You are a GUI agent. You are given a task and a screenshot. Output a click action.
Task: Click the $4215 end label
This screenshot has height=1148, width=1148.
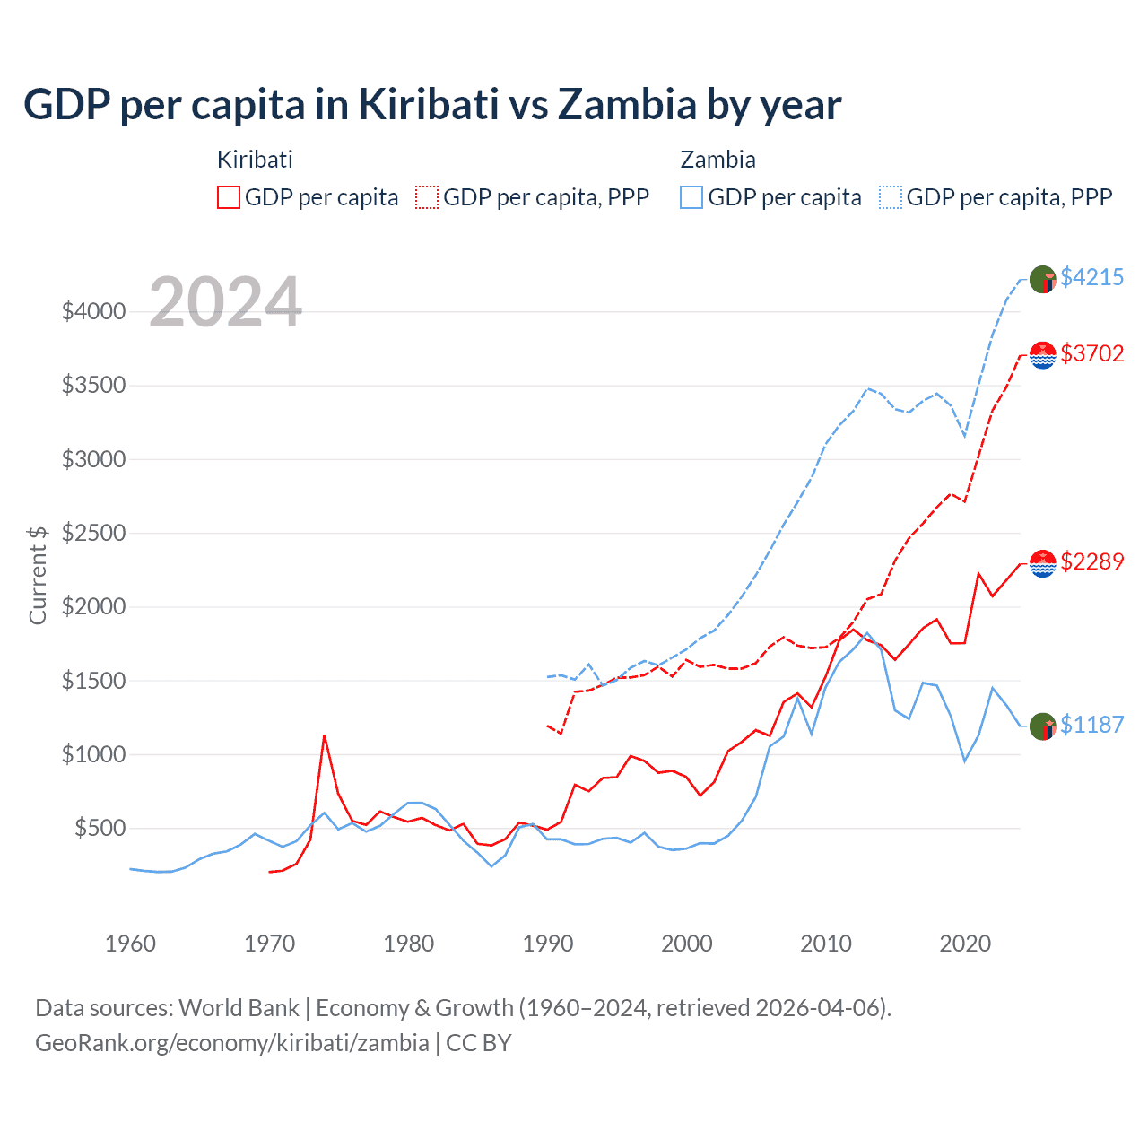click(1091, 277)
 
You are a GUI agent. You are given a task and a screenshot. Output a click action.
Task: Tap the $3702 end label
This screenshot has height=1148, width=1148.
click(1091, 353)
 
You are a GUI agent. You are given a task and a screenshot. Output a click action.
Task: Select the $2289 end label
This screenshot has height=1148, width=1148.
click(1091, 561)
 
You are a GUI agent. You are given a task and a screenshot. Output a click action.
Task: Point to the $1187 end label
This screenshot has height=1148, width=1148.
click(1091, 725)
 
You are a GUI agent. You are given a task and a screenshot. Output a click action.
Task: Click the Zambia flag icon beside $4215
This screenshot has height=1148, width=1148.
click(1042, 279)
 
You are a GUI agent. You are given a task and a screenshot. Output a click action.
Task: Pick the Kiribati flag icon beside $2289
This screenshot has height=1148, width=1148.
click(1042, 563)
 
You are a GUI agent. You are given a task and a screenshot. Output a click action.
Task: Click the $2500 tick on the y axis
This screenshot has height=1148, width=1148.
click(93, 533)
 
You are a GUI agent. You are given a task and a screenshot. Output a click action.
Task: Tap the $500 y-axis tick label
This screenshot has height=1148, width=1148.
click(100, 828)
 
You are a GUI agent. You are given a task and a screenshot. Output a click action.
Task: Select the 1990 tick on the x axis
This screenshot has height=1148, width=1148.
click(547, 944)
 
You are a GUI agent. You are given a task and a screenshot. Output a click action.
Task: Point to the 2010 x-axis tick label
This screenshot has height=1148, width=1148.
click(825, 944)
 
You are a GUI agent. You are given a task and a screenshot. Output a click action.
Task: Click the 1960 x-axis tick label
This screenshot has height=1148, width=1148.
click(130, 944)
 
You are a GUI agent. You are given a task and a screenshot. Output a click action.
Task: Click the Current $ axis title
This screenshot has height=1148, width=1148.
click(38, 575)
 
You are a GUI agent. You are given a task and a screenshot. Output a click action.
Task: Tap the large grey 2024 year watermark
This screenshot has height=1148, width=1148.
click(225, 302)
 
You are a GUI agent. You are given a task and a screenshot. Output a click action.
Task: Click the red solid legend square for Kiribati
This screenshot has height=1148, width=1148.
click(229, 197)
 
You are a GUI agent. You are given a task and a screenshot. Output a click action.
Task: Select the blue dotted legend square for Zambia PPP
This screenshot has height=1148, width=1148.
click(891, 197)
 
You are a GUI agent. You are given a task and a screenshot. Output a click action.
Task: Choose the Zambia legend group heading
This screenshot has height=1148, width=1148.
click(717, 160)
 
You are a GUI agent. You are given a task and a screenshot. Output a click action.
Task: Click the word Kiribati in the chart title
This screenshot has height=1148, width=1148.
click(429, 104)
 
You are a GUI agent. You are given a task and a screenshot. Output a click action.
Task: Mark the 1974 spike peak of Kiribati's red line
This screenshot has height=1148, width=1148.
click(324, 736)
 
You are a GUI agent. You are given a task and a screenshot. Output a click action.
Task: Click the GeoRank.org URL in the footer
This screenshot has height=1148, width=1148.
click(232, 1043)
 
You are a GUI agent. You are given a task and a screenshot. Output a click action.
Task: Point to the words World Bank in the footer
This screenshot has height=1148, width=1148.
click(239, 1008)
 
